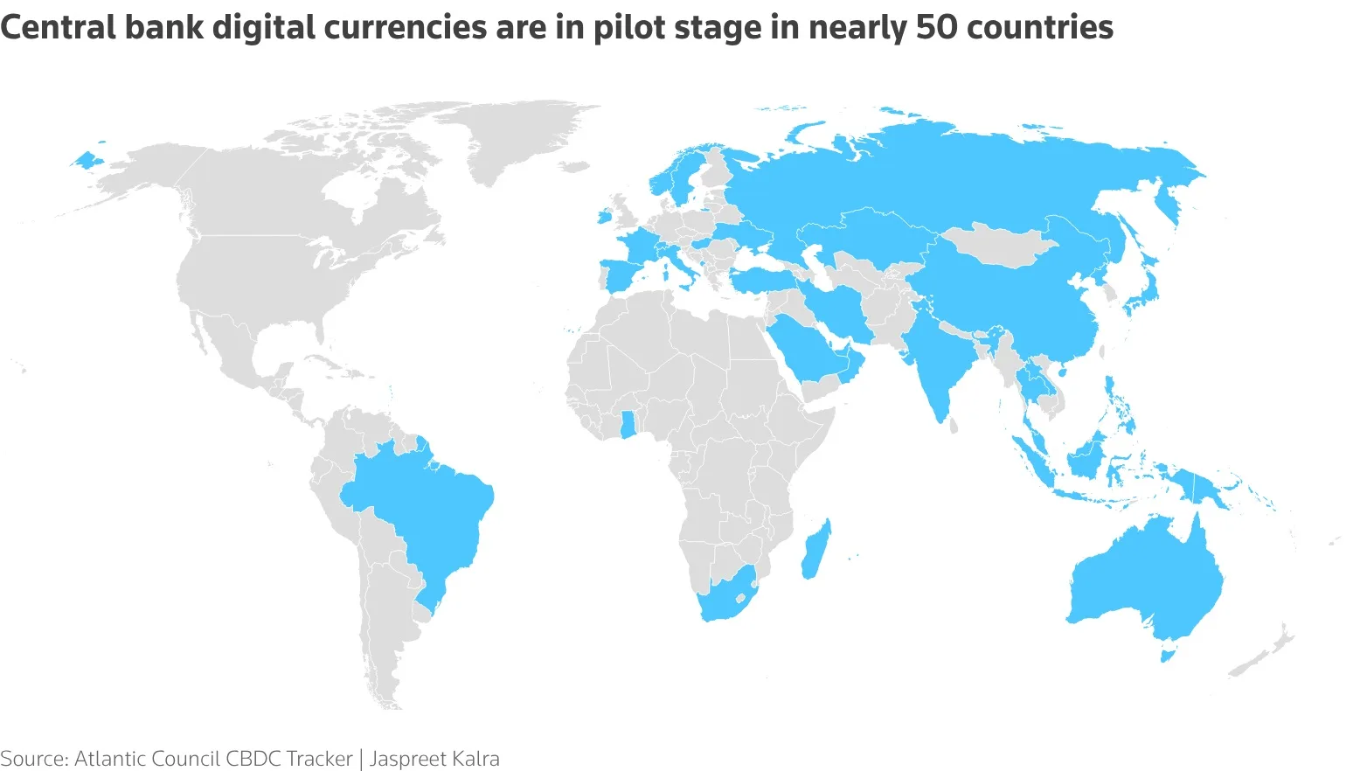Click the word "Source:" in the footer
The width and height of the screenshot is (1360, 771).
[34, 758]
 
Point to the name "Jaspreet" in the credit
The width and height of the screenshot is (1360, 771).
[406, 758]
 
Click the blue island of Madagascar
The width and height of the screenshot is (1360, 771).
[816, 549]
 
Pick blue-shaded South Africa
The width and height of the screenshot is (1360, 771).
[725, 599]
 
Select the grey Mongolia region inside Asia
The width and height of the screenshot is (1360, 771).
[996, 244]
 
